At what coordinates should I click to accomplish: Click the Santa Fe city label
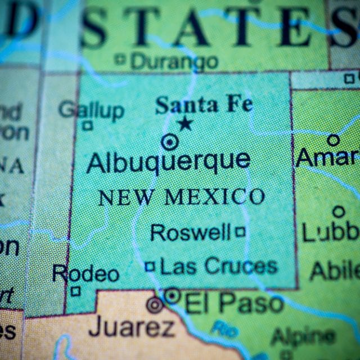click(x=204, y=105)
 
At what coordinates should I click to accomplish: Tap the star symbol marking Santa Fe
click(x=185, y=123)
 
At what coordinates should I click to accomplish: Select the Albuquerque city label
click(x=168, y=162)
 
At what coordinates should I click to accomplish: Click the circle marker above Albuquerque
click(x=169, y=142)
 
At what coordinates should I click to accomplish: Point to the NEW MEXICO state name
click(x=181, y=197)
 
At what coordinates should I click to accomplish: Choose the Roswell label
click(x=191, y=232)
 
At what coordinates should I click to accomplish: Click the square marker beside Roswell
click(x=240, y=231)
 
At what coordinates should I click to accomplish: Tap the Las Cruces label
click(x=219, y=266)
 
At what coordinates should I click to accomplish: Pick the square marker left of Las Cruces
click(x=150, y=266)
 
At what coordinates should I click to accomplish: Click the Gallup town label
click(x=91, y=110)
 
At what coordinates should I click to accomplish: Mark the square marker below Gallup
click(x=87, y=125)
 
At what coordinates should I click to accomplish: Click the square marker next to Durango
click(x=120, y=58)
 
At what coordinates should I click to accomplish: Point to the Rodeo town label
click(x=85, y=274)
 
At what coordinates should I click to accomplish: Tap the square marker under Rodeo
click(x=75, y=291)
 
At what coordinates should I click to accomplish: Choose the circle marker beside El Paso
click(x=172, y=295)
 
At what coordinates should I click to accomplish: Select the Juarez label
click(x=132, y=326)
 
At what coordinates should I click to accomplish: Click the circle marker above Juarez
click(x=154, y=305)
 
